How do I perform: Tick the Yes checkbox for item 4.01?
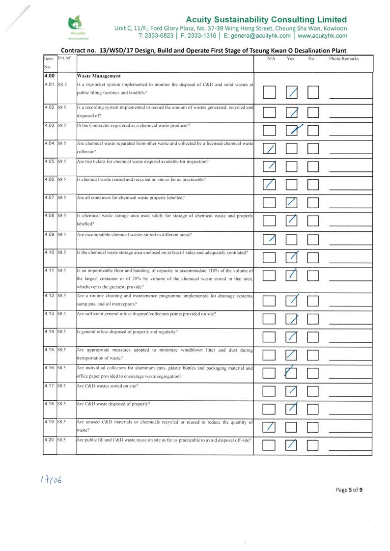[292, 92]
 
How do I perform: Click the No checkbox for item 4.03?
[313, 130]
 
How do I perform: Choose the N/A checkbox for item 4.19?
[269, 426]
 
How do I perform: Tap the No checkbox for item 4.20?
[313, 445]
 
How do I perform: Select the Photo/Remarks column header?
[344, 58]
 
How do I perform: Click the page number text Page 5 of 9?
[349, 489]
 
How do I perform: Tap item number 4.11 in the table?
[50, 271]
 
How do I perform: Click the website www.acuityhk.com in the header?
[322, 36]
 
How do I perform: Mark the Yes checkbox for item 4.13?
[292, 319]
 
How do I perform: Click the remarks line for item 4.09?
[350, 244]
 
